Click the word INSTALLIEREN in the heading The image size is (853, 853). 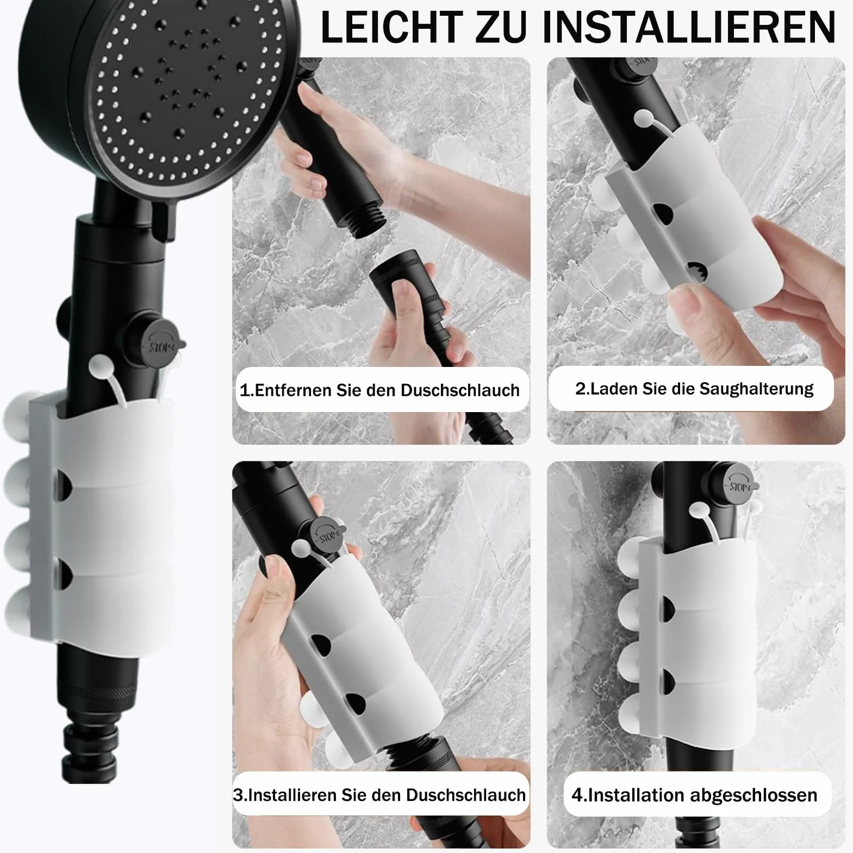pos(689,26)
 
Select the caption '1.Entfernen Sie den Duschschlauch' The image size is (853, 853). pos(379,390)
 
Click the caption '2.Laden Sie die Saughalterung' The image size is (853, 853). pos(694,389)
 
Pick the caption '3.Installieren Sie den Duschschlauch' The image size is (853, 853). pos(379,795)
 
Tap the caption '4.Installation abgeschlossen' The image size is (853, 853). pos(694,795)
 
